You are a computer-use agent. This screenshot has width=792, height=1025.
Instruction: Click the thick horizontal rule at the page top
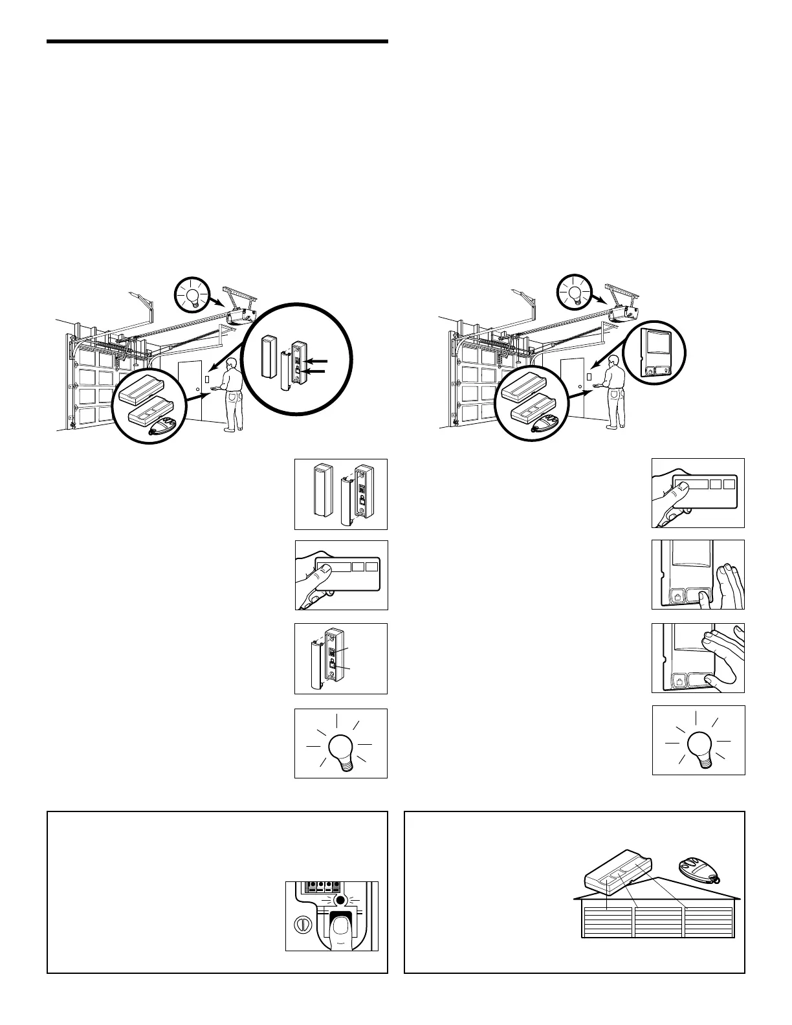[x=217, y=42]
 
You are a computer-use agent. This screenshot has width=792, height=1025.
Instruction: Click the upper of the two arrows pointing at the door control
[x=318, y=360]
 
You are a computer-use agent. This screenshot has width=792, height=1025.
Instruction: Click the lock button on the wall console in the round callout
[x=650, y=371]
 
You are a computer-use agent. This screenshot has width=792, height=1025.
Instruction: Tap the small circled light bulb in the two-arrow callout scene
[x=192, y=295]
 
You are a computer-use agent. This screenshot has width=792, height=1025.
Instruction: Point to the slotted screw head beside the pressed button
[x=300, y=923]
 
